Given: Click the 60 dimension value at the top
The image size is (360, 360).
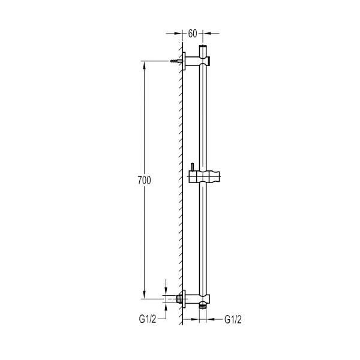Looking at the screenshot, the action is point(193,34).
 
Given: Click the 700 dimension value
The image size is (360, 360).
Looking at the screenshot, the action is point(145,180).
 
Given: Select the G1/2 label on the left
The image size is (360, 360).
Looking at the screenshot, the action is point(148,319).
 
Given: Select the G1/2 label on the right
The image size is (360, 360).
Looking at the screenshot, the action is point(233,319).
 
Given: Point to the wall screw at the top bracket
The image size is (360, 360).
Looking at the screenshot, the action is point(176,61).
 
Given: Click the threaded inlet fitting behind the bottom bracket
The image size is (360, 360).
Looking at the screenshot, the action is point(179,299).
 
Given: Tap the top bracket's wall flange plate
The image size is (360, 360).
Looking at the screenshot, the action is point(184,61).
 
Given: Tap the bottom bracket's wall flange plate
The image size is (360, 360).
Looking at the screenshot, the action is point(184,299).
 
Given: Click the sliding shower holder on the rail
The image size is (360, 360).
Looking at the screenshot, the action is point(205,177).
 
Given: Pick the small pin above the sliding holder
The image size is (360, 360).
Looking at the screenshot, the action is point(192,167).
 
